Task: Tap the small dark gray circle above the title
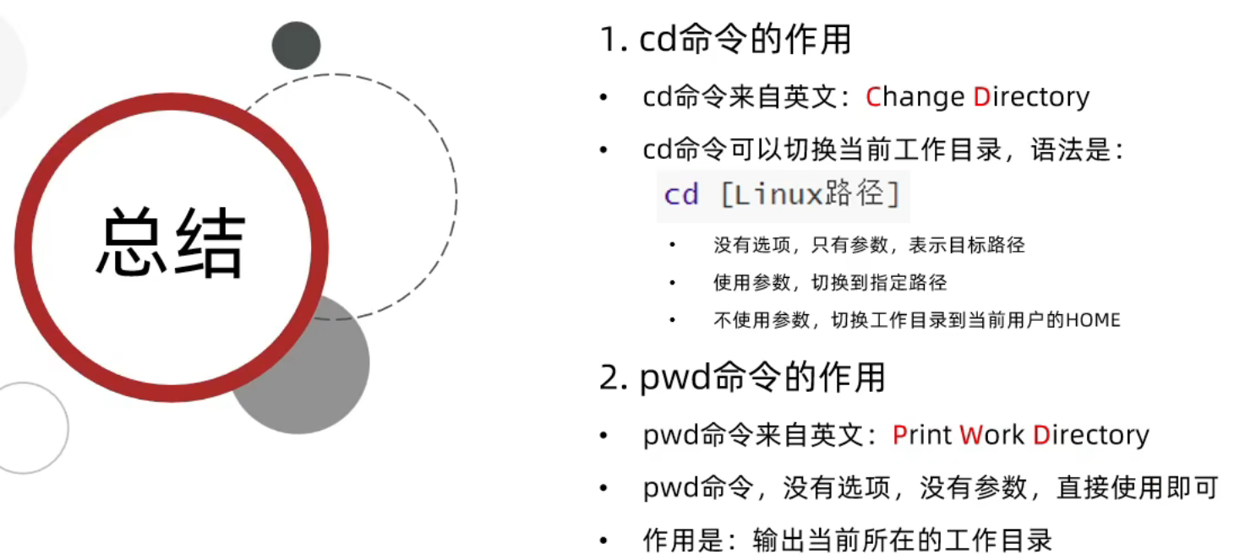pyautogui.click(x=296, y=46)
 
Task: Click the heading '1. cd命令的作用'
pyautogui.click(x=724, y=40)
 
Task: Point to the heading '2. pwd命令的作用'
pyautogui.click(x=741, y=378)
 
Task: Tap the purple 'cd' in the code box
pyautogui.click(x=681, y=195)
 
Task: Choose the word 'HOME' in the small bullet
pyautogui.click(x=1093, y=320)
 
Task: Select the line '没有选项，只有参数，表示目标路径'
pyautogui.click(x=869, y=246)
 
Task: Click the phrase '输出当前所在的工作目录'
pyautogui.click(x=902, y=541)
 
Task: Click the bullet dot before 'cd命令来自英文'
pyautogui.click(x=603, y=98)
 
